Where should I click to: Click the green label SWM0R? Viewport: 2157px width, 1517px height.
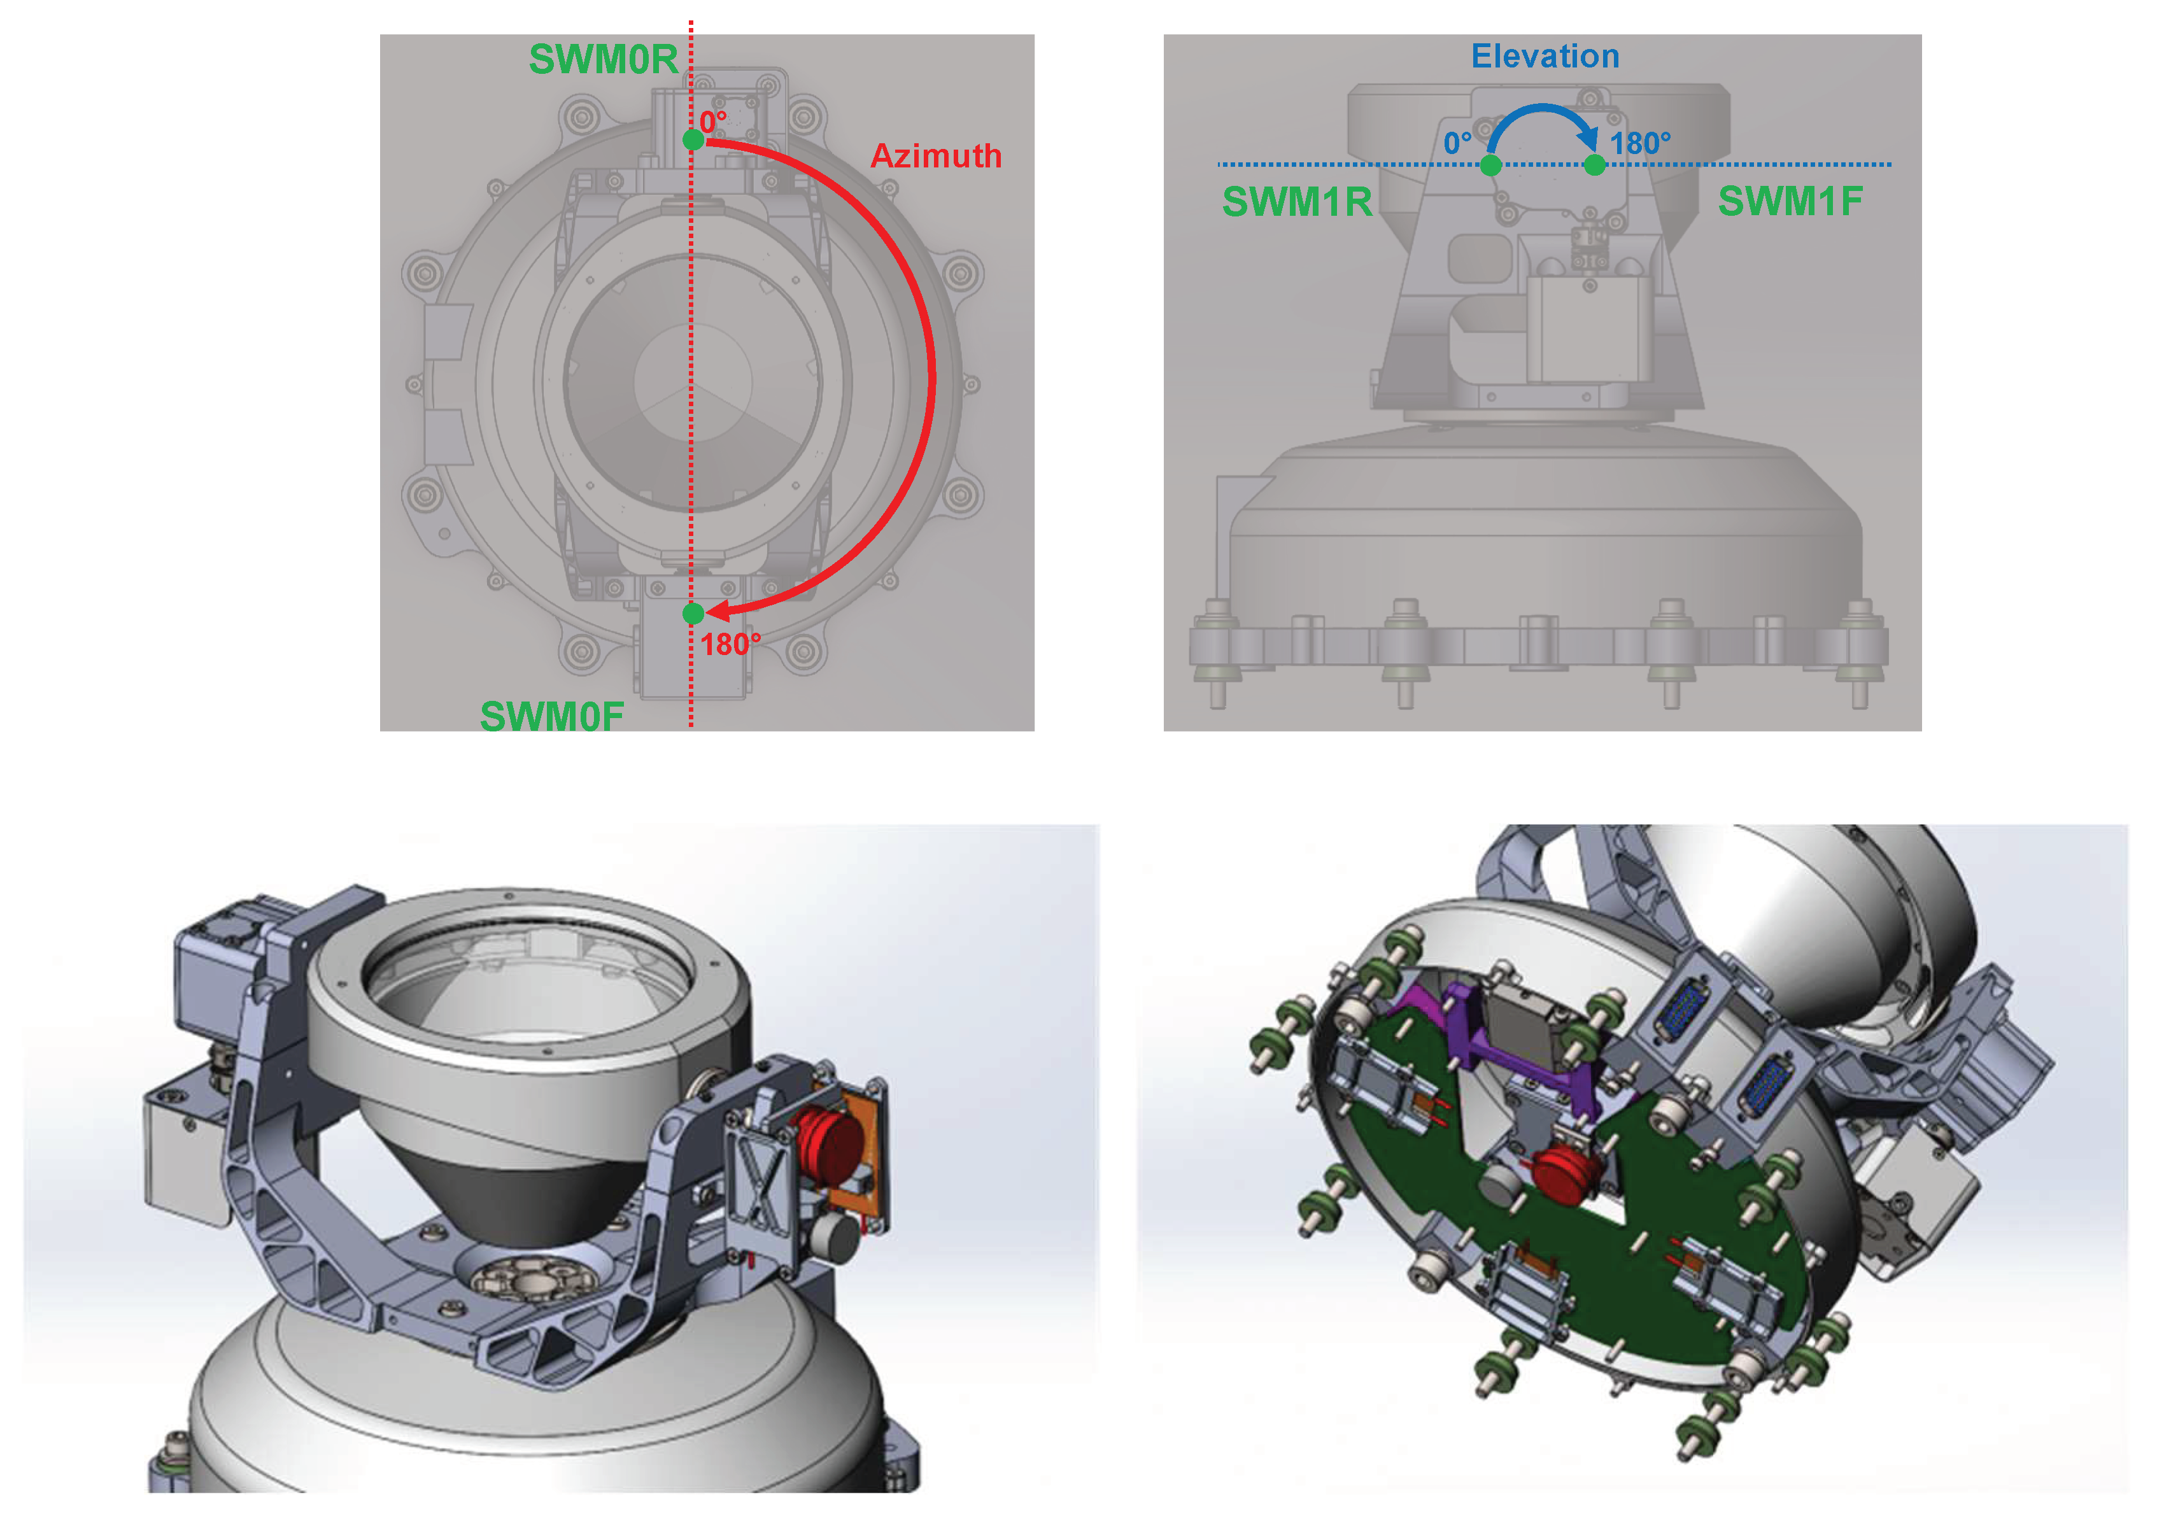coord(603,59)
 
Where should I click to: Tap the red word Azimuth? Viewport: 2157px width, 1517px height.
coord(936,156)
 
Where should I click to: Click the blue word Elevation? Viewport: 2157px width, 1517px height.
coord(1545,57)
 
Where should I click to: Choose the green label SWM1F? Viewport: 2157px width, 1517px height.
coord(1791,201)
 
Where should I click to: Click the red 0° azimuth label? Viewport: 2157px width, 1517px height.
coord(713,122)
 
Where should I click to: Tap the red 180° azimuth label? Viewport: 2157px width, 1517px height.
coord(731,644)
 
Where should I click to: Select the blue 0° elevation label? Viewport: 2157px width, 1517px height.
coord(1457,143)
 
